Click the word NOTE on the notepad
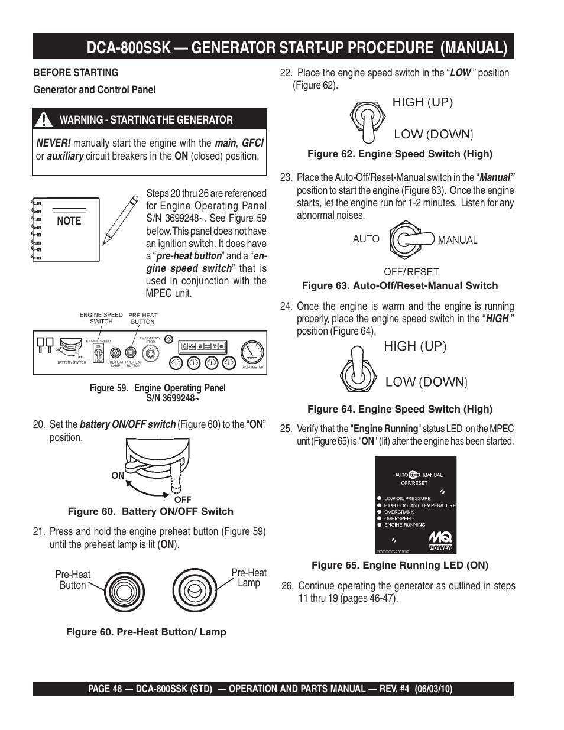tap(69, 221)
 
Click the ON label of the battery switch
tap(118, 475)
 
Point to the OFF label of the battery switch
tap(182, 499)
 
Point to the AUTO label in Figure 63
tap(366, 239)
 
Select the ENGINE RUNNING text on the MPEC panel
tap(404, 525)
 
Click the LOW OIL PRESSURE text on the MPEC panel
tap(407, 498)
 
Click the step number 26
tap(287, 586)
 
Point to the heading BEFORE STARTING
tap(76, 73)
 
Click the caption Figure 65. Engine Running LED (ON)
tap(400, 566)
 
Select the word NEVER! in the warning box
tap(53, 143)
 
